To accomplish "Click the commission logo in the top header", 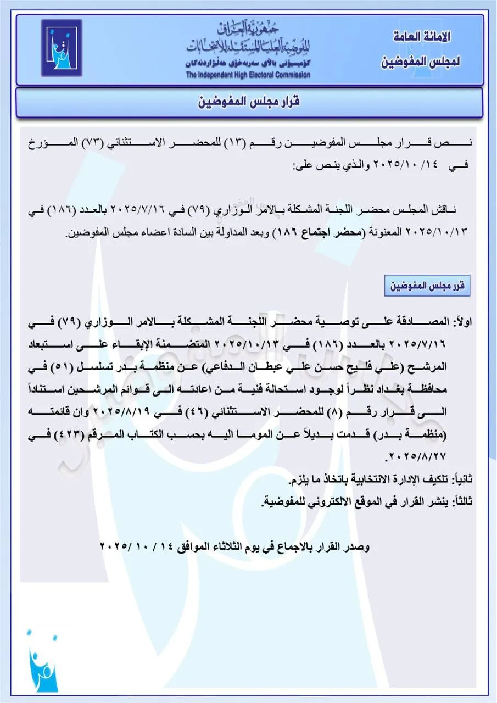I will tap(61, 48).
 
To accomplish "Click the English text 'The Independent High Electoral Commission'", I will tap(248, 75).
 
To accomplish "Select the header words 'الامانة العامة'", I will tap(423, 37).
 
